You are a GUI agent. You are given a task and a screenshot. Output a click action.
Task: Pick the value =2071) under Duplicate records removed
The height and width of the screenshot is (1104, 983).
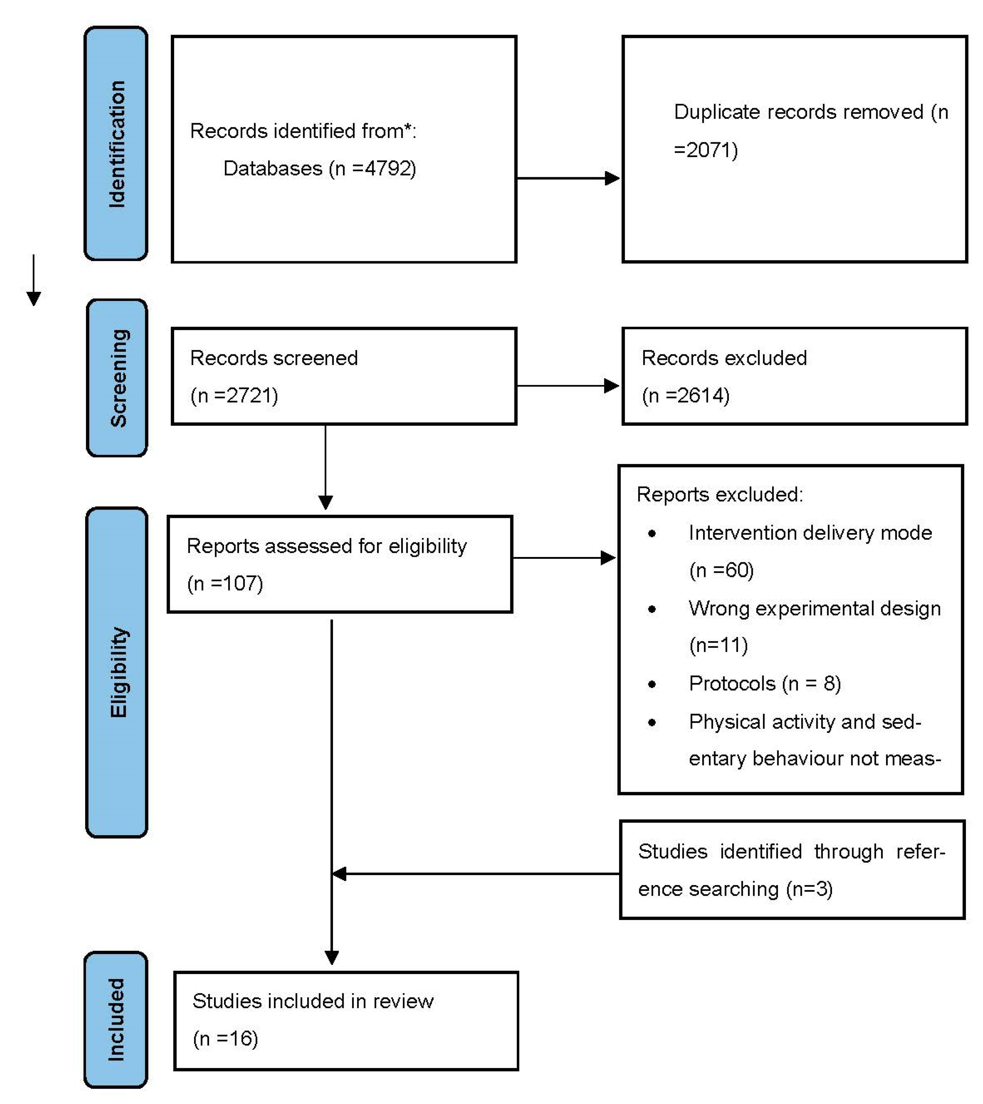tap(706, 150)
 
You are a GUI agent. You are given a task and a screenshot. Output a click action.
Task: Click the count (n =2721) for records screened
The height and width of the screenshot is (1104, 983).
tap(234, 395)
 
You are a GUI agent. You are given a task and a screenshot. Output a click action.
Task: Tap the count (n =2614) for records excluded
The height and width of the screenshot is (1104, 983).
tap(685, 395)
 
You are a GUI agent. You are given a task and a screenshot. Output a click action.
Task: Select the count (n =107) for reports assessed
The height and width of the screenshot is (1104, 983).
tap(225, 583)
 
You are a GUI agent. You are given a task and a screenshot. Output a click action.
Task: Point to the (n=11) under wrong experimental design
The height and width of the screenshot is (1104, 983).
tap(718, 645)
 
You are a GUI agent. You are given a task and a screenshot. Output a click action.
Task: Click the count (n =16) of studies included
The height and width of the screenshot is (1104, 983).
tap(225, 1038)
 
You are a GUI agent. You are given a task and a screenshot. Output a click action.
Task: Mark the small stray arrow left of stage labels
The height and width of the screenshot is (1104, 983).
tap(34, 281)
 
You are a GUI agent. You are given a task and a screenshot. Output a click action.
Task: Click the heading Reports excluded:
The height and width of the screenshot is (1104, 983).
tap(719, 494)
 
